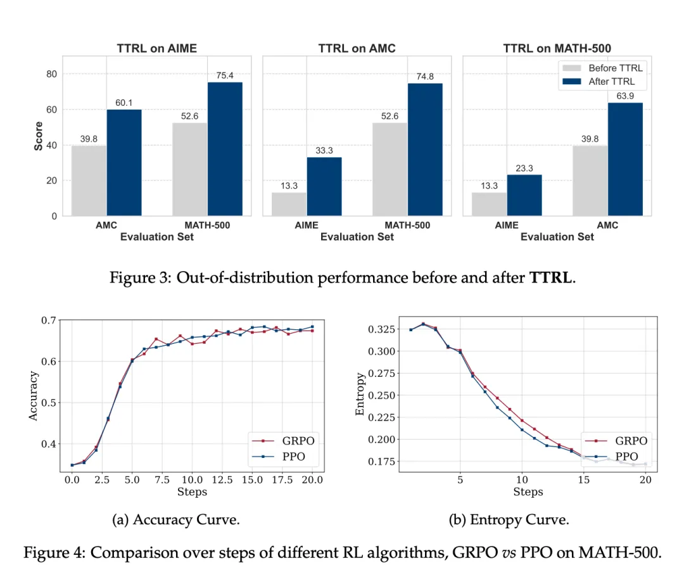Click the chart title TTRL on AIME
click(x=156, y=48)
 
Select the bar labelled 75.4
click(x=225, y=149)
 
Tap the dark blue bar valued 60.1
click(x=124, y=162)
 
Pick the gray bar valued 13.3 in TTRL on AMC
click(x=289, y=204)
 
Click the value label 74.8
click(x=425, y=77)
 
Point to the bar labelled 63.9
click(x=625, y=159)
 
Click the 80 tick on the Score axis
click(x=51, y=74)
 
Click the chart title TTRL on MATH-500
click(x=557, y=48)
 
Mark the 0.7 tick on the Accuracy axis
click(x=47, y=320)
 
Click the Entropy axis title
click(x=360, y=394)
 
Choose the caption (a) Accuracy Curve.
click(x=175, y=520)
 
